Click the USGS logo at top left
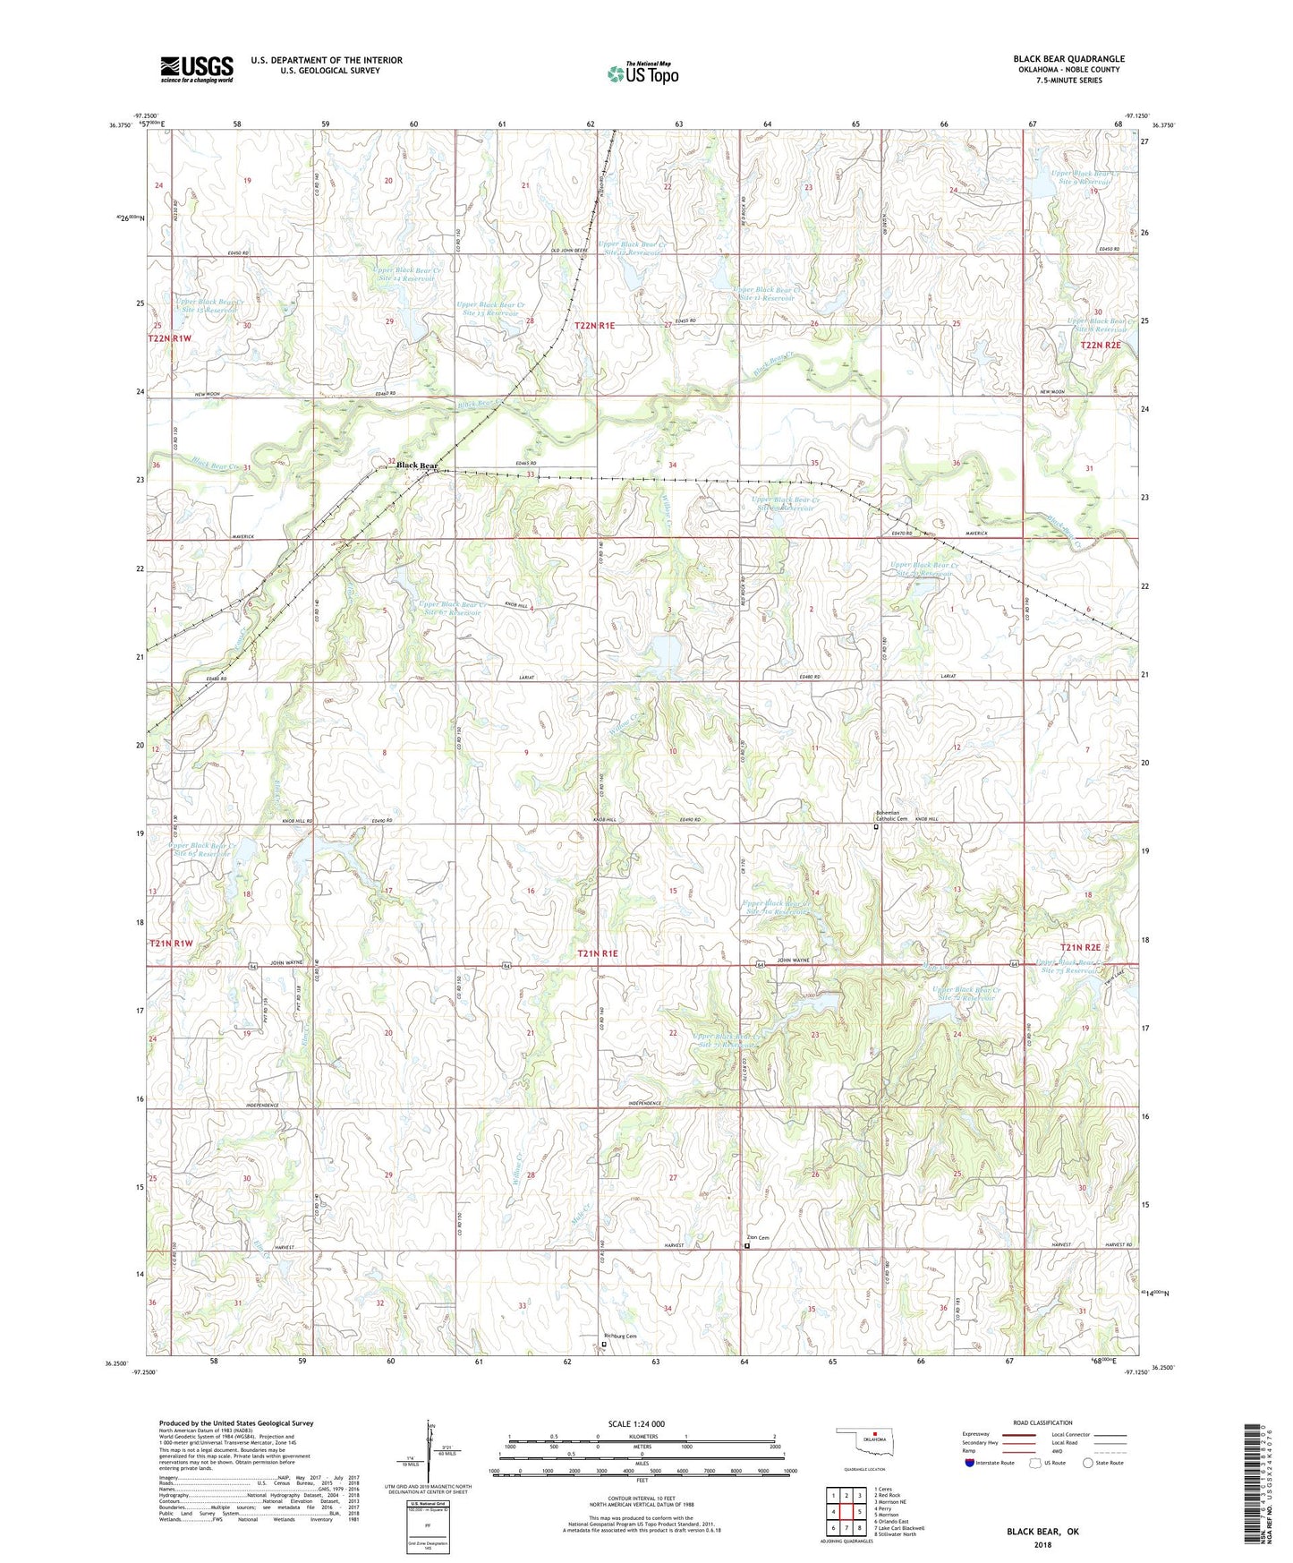[x=197, y=68]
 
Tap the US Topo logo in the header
[x=642, y=73]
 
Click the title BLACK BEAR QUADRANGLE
[x=1068, y=59]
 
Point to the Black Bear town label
[x=417, y=465]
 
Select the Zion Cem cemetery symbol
[x=747, y=1243]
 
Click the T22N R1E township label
[x=595, y=327]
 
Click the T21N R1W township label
[x=171, y=944]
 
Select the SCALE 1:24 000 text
[x=635, y=1423]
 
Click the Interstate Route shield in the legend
[x=971, y=1463]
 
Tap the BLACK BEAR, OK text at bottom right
[x=1042, y=1532]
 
